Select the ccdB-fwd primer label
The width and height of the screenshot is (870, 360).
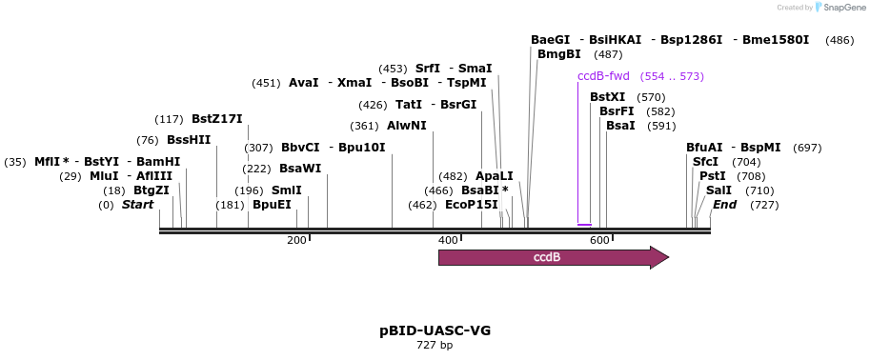pyautogui.click(x=603, y=76)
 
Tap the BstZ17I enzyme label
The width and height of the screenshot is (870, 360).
pyautogui.click(x=217, y=119)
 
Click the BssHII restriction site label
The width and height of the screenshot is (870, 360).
pyautogui.click(x=189, y=140)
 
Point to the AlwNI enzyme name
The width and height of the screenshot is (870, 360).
pyautogui.click(x=407, y=126)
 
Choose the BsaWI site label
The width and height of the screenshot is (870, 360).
pyautogui.click(x=300, y=169)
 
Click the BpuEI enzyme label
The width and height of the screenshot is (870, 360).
pyautogui.click(x=272, y=205)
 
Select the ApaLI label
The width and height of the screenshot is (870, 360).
pyautogui.click(x=494, y=176)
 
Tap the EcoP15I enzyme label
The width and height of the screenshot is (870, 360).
pyautogui.click(x=472, y=205)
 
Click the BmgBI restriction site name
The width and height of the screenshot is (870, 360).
pyautogui.click(x=559, y=54)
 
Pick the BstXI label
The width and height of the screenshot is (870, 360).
pyautogui.click(x=608, y=97)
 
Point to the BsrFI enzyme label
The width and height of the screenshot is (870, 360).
pyautogui.click(x=617, y=111)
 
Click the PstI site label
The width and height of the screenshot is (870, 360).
pyautogui.click(x=712, y=176)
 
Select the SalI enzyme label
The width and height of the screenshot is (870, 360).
pyautogui.click(x=719, y=190)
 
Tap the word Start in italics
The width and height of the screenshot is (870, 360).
pyautogui.click(x=137, y=205)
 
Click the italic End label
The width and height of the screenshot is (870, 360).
pyautogui.click(x=725, y=205)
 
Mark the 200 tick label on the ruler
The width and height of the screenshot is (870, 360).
pyautogui.click(x=295, y=240)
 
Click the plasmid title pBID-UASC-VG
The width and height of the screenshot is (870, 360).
pyautogui.click(x=435, y=330)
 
